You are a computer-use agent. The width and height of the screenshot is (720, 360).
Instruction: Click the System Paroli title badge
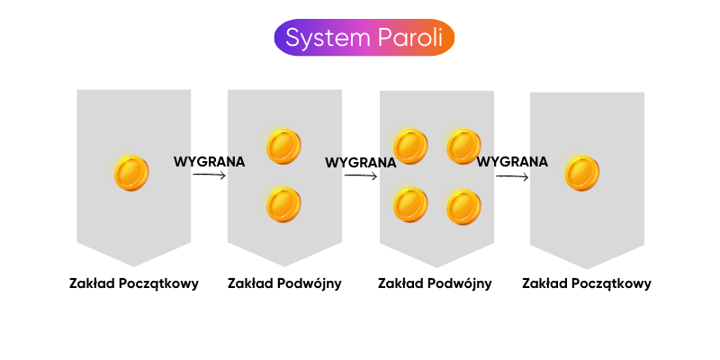(364, 38)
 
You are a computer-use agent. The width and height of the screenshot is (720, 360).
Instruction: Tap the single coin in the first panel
(131, 172)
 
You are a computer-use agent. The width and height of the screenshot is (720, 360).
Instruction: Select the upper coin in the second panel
(283, 146)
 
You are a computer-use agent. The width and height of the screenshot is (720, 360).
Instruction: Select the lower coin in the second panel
(283, 204)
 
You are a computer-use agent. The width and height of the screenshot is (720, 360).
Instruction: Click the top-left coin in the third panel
(410, 146)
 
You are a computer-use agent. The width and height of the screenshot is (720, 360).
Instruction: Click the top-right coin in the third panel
(463, 146)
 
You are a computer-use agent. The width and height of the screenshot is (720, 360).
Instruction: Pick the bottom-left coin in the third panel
(410, 205)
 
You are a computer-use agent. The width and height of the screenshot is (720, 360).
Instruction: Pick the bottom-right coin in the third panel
(463, 205)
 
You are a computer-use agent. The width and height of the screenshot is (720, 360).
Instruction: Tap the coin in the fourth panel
(581, 172)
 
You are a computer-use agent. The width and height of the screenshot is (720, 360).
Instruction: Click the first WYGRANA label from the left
(209, 161)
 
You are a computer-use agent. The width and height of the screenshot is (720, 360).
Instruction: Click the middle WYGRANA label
(360, 162)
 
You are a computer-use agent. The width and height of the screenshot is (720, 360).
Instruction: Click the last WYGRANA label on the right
(512, 162)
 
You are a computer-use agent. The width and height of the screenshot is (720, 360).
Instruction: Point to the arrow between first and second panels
(209, 175)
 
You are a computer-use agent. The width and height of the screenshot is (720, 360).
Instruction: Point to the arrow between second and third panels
(360, 176)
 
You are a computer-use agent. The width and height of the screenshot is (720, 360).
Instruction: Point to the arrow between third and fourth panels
(512, 176)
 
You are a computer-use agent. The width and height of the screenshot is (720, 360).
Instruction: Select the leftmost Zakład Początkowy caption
(133, 283)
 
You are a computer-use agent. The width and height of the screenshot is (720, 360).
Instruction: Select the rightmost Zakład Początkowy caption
(586, 283)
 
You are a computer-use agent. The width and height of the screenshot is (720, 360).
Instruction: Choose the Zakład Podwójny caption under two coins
(284, 283)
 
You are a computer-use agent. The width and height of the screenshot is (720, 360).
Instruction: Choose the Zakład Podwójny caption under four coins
(435, 283)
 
